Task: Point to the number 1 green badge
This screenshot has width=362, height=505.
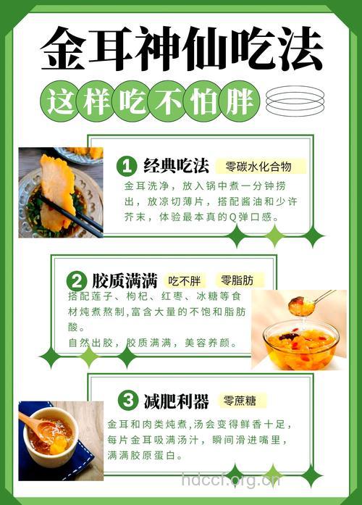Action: pos(127,167)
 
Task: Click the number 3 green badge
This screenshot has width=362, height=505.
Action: pos(127,400)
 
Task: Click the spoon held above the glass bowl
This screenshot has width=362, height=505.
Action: pos(308,303)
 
